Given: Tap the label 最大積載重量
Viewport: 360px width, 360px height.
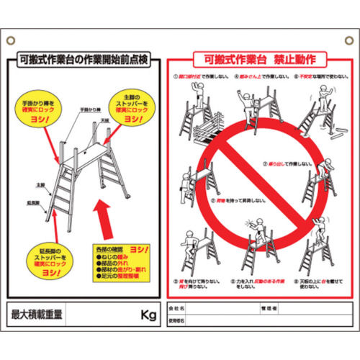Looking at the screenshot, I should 39,315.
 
